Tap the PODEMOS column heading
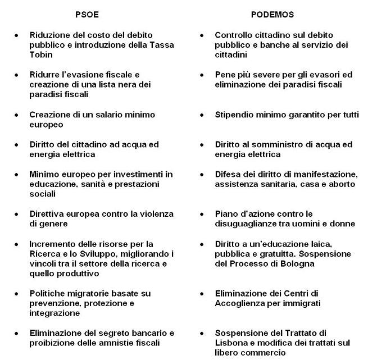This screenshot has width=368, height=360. pyautogui.click(x=272, y=15)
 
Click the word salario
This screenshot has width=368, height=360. pyautogui.click(x=98, y=115)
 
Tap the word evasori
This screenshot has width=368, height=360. pyautogui.click(x=322, y=75)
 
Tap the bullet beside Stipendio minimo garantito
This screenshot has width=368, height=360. pyautogui.click(x=202, y=115)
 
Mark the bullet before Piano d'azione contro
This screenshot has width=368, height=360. pyautogui.click(x=202, y=215)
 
